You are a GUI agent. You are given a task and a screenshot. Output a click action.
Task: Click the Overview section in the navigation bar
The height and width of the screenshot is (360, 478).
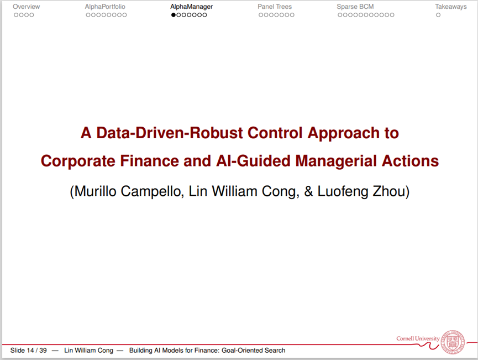pos(26,7)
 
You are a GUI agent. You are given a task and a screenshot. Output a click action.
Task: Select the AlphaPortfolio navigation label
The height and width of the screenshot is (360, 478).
pos(105,7)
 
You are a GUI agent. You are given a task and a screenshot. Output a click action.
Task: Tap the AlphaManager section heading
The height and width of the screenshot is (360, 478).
pos(191,7)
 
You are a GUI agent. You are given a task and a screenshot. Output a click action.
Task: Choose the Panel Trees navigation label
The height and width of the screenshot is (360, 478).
pos(275,7)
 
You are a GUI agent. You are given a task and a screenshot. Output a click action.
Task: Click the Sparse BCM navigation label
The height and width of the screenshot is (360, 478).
pos(355,7)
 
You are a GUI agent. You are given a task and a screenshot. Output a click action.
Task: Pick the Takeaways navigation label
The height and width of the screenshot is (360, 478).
pos(451,7)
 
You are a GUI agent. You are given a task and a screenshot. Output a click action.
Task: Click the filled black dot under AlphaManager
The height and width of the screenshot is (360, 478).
pos(174,15)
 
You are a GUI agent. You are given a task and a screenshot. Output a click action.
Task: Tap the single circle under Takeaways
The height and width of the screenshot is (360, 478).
pos(438,15)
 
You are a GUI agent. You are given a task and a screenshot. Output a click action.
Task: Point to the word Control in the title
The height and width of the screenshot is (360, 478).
pos(275,133)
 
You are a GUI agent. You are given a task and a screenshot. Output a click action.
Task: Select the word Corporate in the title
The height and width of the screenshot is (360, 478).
pos(78,161)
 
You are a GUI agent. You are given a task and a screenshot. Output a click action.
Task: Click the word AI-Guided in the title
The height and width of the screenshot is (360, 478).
pos(253,161)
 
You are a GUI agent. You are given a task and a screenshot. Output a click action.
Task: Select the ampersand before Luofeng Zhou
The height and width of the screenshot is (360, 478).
pos(308,191)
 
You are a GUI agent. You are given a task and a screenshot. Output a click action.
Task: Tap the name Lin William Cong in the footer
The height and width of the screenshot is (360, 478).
pos(88,350)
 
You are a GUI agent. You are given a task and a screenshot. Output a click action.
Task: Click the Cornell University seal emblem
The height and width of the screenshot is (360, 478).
pos(453,342)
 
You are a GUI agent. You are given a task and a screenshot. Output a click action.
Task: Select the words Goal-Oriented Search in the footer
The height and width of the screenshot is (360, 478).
pos(253,350)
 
